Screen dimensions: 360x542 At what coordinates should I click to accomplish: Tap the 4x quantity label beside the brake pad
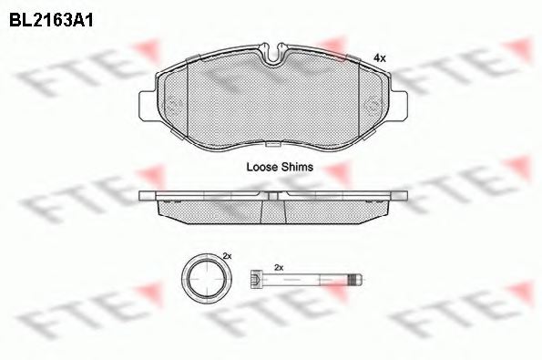[x=380, y=57]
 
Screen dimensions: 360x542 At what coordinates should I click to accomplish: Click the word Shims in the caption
[x=298, y=168]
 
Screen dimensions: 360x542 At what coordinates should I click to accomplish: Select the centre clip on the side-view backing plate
[x=272, y=195]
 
